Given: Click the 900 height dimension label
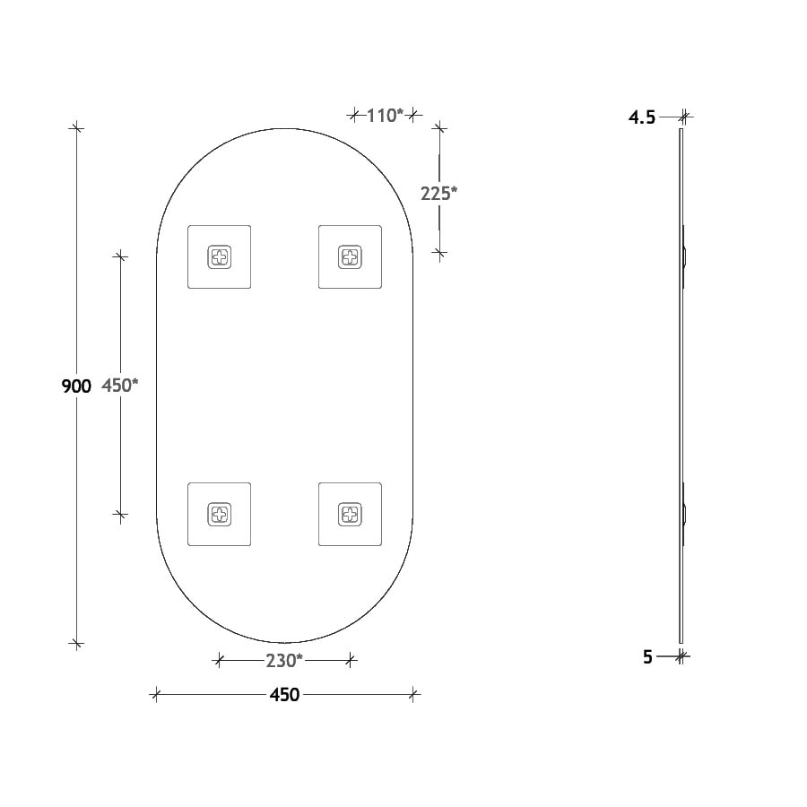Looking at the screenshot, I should coord(75,386).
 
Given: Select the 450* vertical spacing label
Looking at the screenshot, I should coord(119,386).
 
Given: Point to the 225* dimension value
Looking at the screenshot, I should coord(439,192).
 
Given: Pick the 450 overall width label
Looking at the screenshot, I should coord(283,694).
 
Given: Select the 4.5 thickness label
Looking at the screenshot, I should coord(642,117).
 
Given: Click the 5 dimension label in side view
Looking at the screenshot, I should coord(647,657).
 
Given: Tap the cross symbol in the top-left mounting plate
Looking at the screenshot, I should coord(219,257).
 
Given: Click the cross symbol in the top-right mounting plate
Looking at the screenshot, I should coord(350,257).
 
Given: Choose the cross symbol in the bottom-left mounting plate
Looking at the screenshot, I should coord(219,514).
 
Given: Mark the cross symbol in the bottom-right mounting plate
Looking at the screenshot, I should coord(350,514).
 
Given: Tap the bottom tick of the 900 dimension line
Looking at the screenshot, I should coord(76,643).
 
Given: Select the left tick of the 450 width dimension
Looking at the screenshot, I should coord(156,693).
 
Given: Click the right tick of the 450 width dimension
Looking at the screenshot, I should coord(412,693).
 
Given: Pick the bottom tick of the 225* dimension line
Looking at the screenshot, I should coord(438,252).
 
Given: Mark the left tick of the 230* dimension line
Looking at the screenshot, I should coord(219,661).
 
